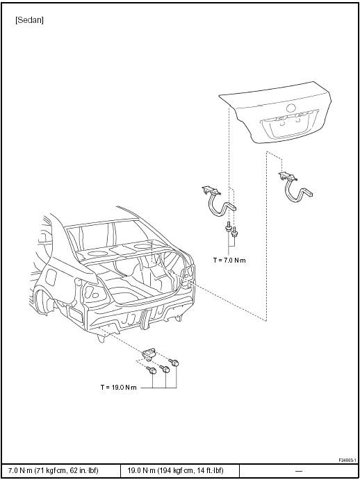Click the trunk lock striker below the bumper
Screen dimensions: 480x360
(x=149, y=355)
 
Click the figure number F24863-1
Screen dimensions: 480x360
(x=347, y=460)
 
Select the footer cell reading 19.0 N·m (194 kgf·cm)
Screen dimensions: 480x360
(x=179, y=471)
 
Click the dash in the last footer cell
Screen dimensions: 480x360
(x=298, y=471)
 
